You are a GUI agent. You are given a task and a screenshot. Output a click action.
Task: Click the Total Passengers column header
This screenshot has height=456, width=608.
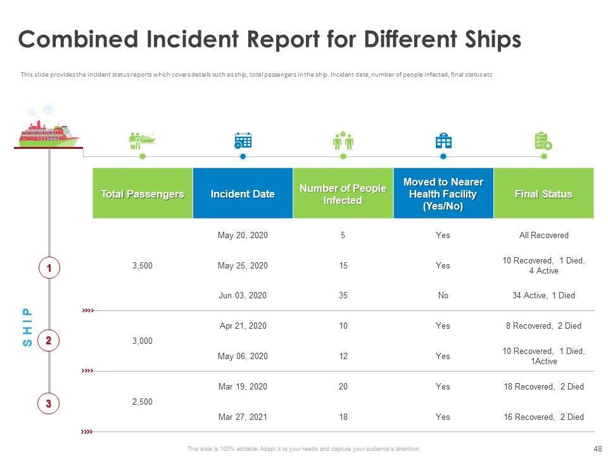coord(142,194)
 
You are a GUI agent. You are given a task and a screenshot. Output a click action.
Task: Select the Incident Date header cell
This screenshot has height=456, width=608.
coord(243,194)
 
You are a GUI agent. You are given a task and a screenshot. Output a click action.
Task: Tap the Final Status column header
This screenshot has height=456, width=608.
coord(543,194)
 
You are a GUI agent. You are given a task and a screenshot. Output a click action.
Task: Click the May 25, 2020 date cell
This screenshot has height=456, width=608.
coord(243,265)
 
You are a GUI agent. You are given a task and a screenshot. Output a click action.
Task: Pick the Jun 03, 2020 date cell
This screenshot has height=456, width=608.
coord(243,295)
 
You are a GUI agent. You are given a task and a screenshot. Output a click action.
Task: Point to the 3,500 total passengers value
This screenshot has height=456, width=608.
coord(142,265)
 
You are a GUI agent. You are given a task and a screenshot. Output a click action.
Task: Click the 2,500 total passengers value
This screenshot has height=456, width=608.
coord(142,402)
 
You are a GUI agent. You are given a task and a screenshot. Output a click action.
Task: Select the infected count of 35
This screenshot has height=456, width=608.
coord(343,295)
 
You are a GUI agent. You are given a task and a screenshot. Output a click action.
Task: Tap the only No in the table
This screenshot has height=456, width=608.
coord(443,295)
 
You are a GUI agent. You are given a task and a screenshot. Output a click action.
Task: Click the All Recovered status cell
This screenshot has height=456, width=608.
coord(543,236)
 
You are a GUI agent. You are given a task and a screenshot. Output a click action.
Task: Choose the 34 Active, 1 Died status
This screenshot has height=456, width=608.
coord(543,295)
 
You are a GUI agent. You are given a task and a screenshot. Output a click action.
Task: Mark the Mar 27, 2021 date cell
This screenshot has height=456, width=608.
coord(243,417)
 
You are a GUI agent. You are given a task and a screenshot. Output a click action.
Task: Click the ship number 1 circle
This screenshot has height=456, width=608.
coord(49,269)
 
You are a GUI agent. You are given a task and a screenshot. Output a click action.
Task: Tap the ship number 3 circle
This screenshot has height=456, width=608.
coord(49,402)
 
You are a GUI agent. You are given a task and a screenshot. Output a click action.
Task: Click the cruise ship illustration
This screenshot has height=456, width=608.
coord(48,129)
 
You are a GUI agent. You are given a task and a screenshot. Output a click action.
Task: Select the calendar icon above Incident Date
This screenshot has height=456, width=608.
coord(243,141)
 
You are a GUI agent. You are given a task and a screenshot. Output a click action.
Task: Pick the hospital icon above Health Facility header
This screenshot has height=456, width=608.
coord(443,141)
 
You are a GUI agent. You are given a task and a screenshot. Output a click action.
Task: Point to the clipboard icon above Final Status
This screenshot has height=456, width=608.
coord(543,141)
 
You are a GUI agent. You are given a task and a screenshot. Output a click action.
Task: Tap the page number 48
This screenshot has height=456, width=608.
coord(597,448)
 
